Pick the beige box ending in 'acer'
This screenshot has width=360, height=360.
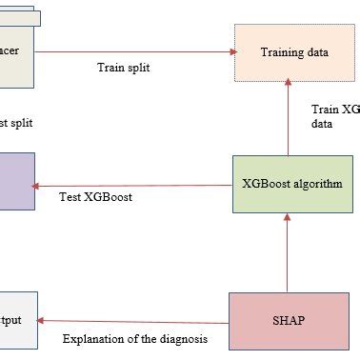tap(16, 50)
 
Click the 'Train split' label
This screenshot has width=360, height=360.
tap(124, 69)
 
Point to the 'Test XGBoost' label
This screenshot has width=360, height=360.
tap(96, 198)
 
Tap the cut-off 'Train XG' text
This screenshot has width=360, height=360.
tap(335, 110)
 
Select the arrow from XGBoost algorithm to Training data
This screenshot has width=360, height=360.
tap(287, 119)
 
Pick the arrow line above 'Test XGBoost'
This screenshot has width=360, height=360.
tap(133, 184)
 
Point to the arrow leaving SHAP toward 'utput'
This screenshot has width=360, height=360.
tap(133, 321)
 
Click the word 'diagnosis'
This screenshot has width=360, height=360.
tap(183, 338)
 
